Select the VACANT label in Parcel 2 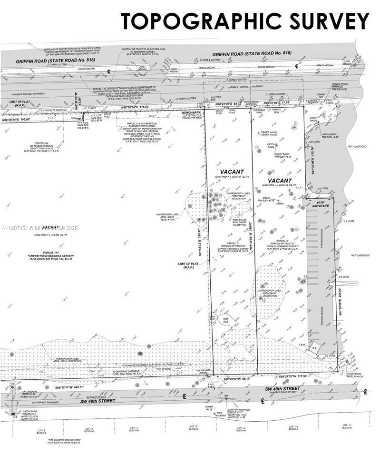click(279, 181)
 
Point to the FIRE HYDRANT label click(220, 414)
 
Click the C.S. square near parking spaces click(314, 347)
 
